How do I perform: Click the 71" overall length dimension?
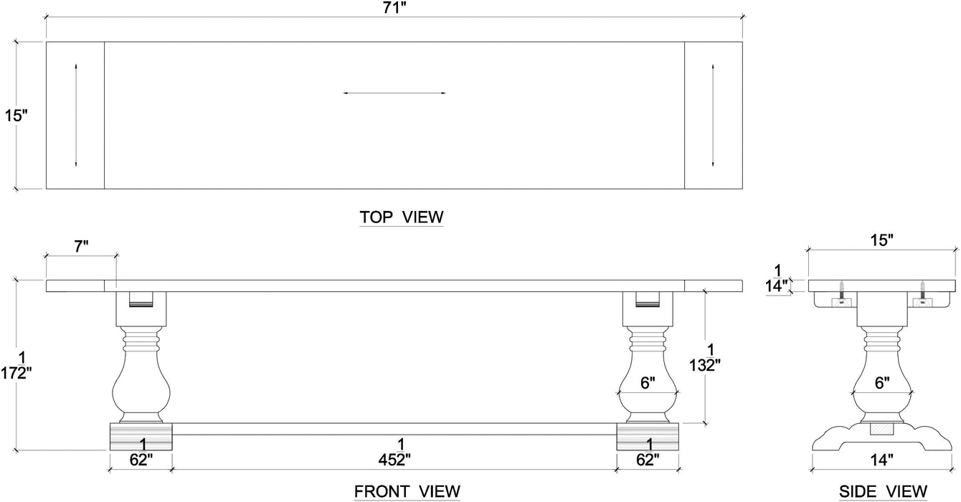click(x=394, y=8)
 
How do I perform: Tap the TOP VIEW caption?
click(x=401, y=217)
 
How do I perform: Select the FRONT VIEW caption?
click(x=407, y=491)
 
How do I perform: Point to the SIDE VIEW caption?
click(x=883, y=491)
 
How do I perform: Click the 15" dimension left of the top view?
click(x=16, y=115)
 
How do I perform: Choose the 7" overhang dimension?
click(x=81, y=247)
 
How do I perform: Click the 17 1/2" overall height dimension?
click(x=16, y=366)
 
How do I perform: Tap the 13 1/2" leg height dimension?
click(x=705, y=357)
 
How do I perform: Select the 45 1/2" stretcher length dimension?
click(x=394, y=452)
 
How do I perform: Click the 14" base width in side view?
click(x=881, y=460)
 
